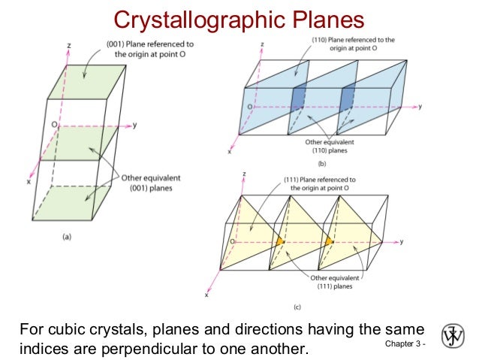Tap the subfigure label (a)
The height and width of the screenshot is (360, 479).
click(x=67, y=235)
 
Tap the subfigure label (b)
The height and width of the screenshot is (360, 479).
click(x=321, y=162)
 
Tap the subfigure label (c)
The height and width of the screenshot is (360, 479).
click(x=319, y=307)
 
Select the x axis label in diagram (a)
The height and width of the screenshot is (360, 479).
click(x=29, y=182)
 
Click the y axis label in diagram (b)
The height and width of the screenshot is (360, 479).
click(x=420, y=107)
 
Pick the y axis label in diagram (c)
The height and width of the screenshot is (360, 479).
click(x=402, y=241)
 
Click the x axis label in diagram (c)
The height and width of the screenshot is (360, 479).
click(x=206, y=295)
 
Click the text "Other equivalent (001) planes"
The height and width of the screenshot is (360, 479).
click(x=146, y=183)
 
